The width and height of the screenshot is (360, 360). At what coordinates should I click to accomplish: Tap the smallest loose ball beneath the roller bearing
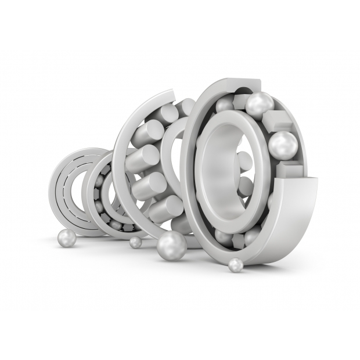[x=135, y=242]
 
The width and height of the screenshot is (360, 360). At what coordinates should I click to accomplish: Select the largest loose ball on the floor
[x=172, y=246]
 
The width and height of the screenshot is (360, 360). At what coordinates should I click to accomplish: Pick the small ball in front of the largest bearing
[x=235, y=265]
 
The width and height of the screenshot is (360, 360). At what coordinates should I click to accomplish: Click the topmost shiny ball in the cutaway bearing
[x=260, y=105]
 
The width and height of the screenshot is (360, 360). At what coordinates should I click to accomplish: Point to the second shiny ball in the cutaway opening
[x=283, y=145]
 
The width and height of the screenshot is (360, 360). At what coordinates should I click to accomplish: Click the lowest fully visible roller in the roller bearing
[x=166, y=208]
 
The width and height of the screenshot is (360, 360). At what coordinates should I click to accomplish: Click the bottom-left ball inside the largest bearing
[x=224, y=236]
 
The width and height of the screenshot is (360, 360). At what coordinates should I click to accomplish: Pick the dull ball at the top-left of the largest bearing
[x=225, y=105]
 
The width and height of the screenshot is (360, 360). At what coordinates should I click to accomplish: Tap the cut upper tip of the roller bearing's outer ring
[x=169, y=93]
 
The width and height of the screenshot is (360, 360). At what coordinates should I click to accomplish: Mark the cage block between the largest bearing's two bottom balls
[x=239, y=240]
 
